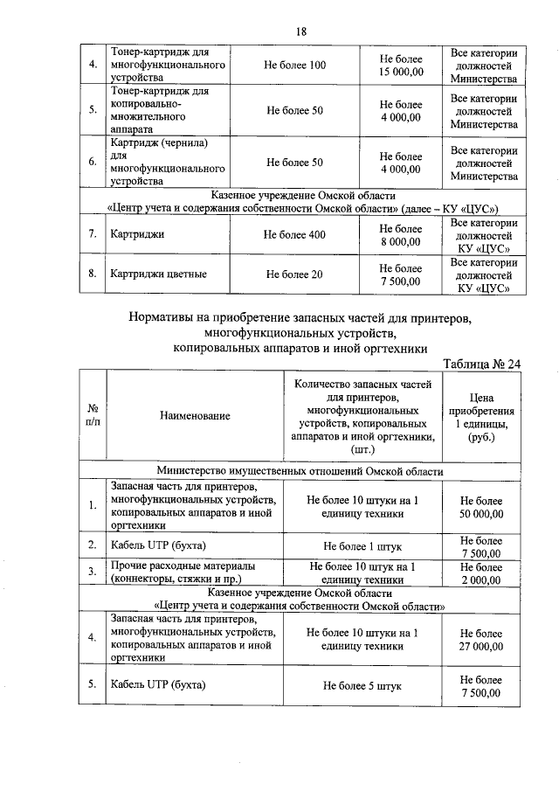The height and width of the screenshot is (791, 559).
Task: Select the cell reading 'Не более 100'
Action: click(295, 66)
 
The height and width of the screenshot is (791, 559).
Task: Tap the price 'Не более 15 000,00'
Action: click(401, 66)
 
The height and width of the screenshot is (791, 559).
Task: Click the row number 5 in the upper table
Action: click(93, 110)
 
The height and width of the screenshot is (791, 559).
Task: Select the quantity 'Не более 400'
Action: click(295, 235)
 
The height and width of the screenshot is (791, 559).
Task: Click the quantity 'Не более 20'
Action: click(295, 274)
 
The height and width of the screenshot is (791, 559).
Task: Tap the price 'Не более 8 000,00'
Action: click(401, 235)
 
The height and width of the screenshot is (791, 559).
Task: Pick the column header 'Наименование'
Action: click(195, 416)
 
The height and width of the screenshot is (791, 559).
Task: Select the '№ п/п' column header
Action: click(93, 416)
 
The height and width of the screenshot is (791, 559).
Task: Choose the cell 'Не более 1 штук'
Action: click(362, 546)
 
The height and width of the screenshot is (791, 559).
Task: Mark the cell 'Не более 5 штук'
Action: click(362, 686)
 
